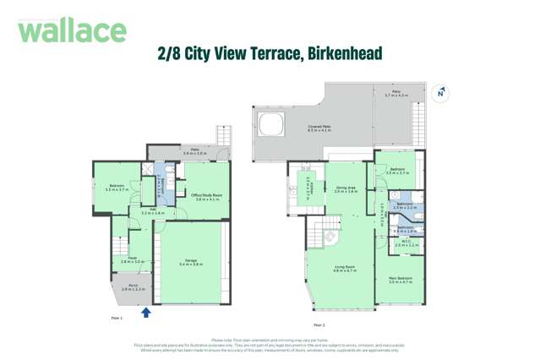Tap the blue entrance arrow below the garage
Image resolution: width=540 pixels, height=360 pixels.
tap(145, 313)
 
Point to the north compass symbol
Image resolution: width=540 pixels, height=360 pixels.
tap(439, 93)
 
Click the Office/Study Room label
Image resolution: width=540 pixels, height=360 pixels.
tap(206, 197)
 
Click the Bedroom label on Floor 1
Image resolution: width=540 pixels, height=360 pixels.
tap(117, 188)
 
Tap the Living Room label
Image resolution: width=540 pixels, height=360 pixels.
tap(345, 269)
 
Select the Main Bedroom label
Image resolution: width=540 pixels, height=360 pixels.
tap(400, 280)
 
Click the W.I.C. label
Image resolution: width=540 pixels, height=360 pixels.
tap(406, 244)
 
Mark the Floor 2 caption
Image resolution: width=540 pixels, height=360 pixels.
tap(319, 325)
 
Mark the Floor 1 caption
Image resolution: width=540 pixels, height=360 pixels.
tap(117, 318)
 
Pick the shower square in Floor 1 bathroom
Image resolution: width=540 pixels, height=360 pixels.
tap(149, 170)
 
